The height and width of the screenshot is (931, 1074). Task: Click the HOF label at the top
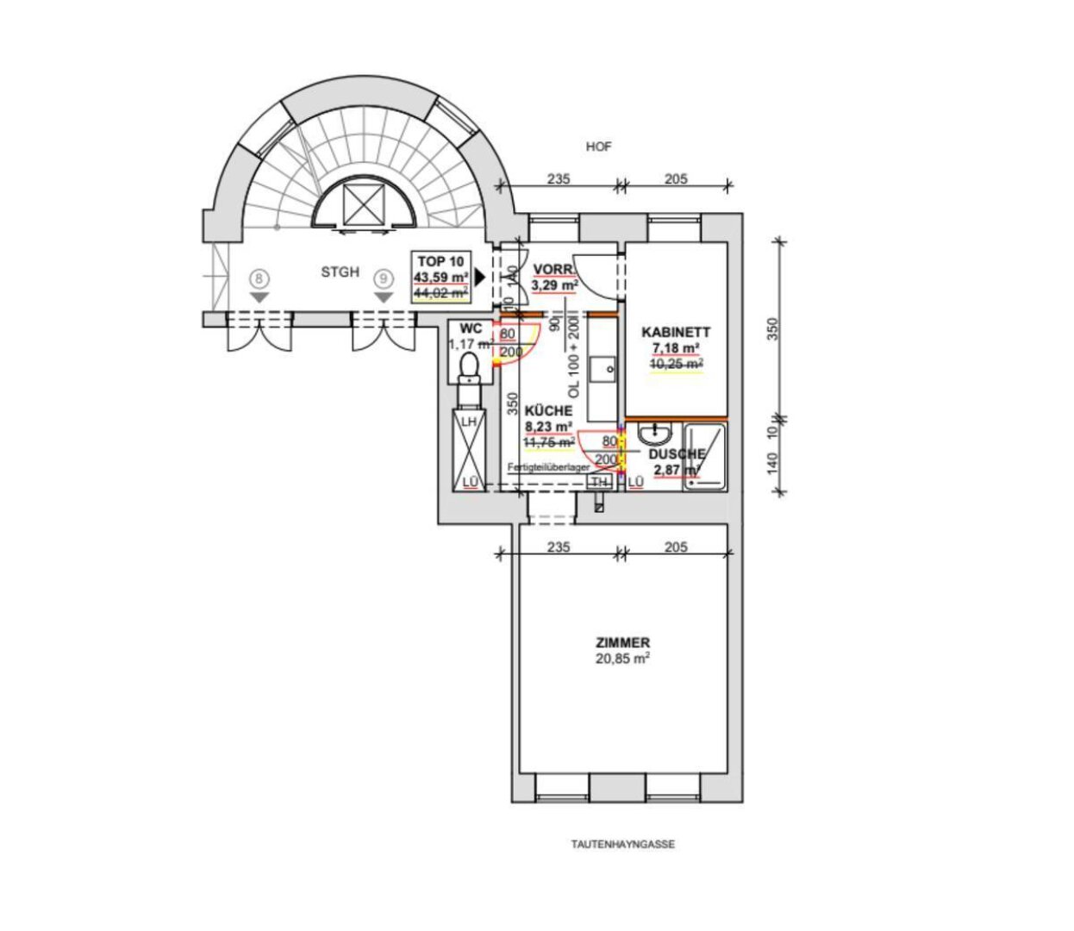[598, 147]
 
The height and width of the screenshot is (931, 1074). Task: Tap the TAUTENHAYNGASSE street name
[622, 845]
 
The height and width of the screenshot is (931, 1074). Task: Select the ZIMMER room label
[622, 643]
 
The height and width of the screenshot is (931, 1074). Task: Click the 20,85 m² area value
[622, 659]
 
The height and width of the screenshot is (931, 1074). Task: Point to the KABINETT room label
[676, 332]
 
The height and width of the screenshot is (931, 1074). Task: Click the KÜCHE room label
[548, 411]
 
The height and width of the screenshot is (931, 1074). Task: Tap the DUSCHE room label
[677, 454]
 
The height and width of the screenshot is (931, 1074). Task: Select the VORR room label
[553, 270]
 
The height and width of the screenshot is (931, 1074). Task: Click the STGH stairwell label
[340, 272]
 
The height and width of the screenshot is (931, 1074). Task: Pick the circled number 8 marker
[260, 279]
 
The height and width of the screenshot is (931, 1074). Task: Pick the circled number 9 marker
[384, 279]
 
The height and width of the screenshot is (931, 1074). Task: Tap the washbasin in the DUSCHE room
[659, 433]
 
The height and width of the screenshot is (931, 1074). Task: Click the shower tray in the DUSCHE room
[706, 457]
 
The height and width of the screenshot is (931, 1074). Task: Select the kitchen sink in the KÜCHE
[603, 370]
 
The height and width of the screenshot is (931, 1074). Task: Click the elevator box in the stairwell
[361, 204]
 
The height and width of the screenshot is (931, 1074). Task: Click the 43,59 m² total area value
[440, 278]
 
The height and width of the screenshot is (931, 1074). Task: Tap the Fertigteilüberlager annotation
[548, 466]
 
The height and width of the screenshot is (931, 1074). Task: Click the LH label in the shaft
[469, 422]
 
